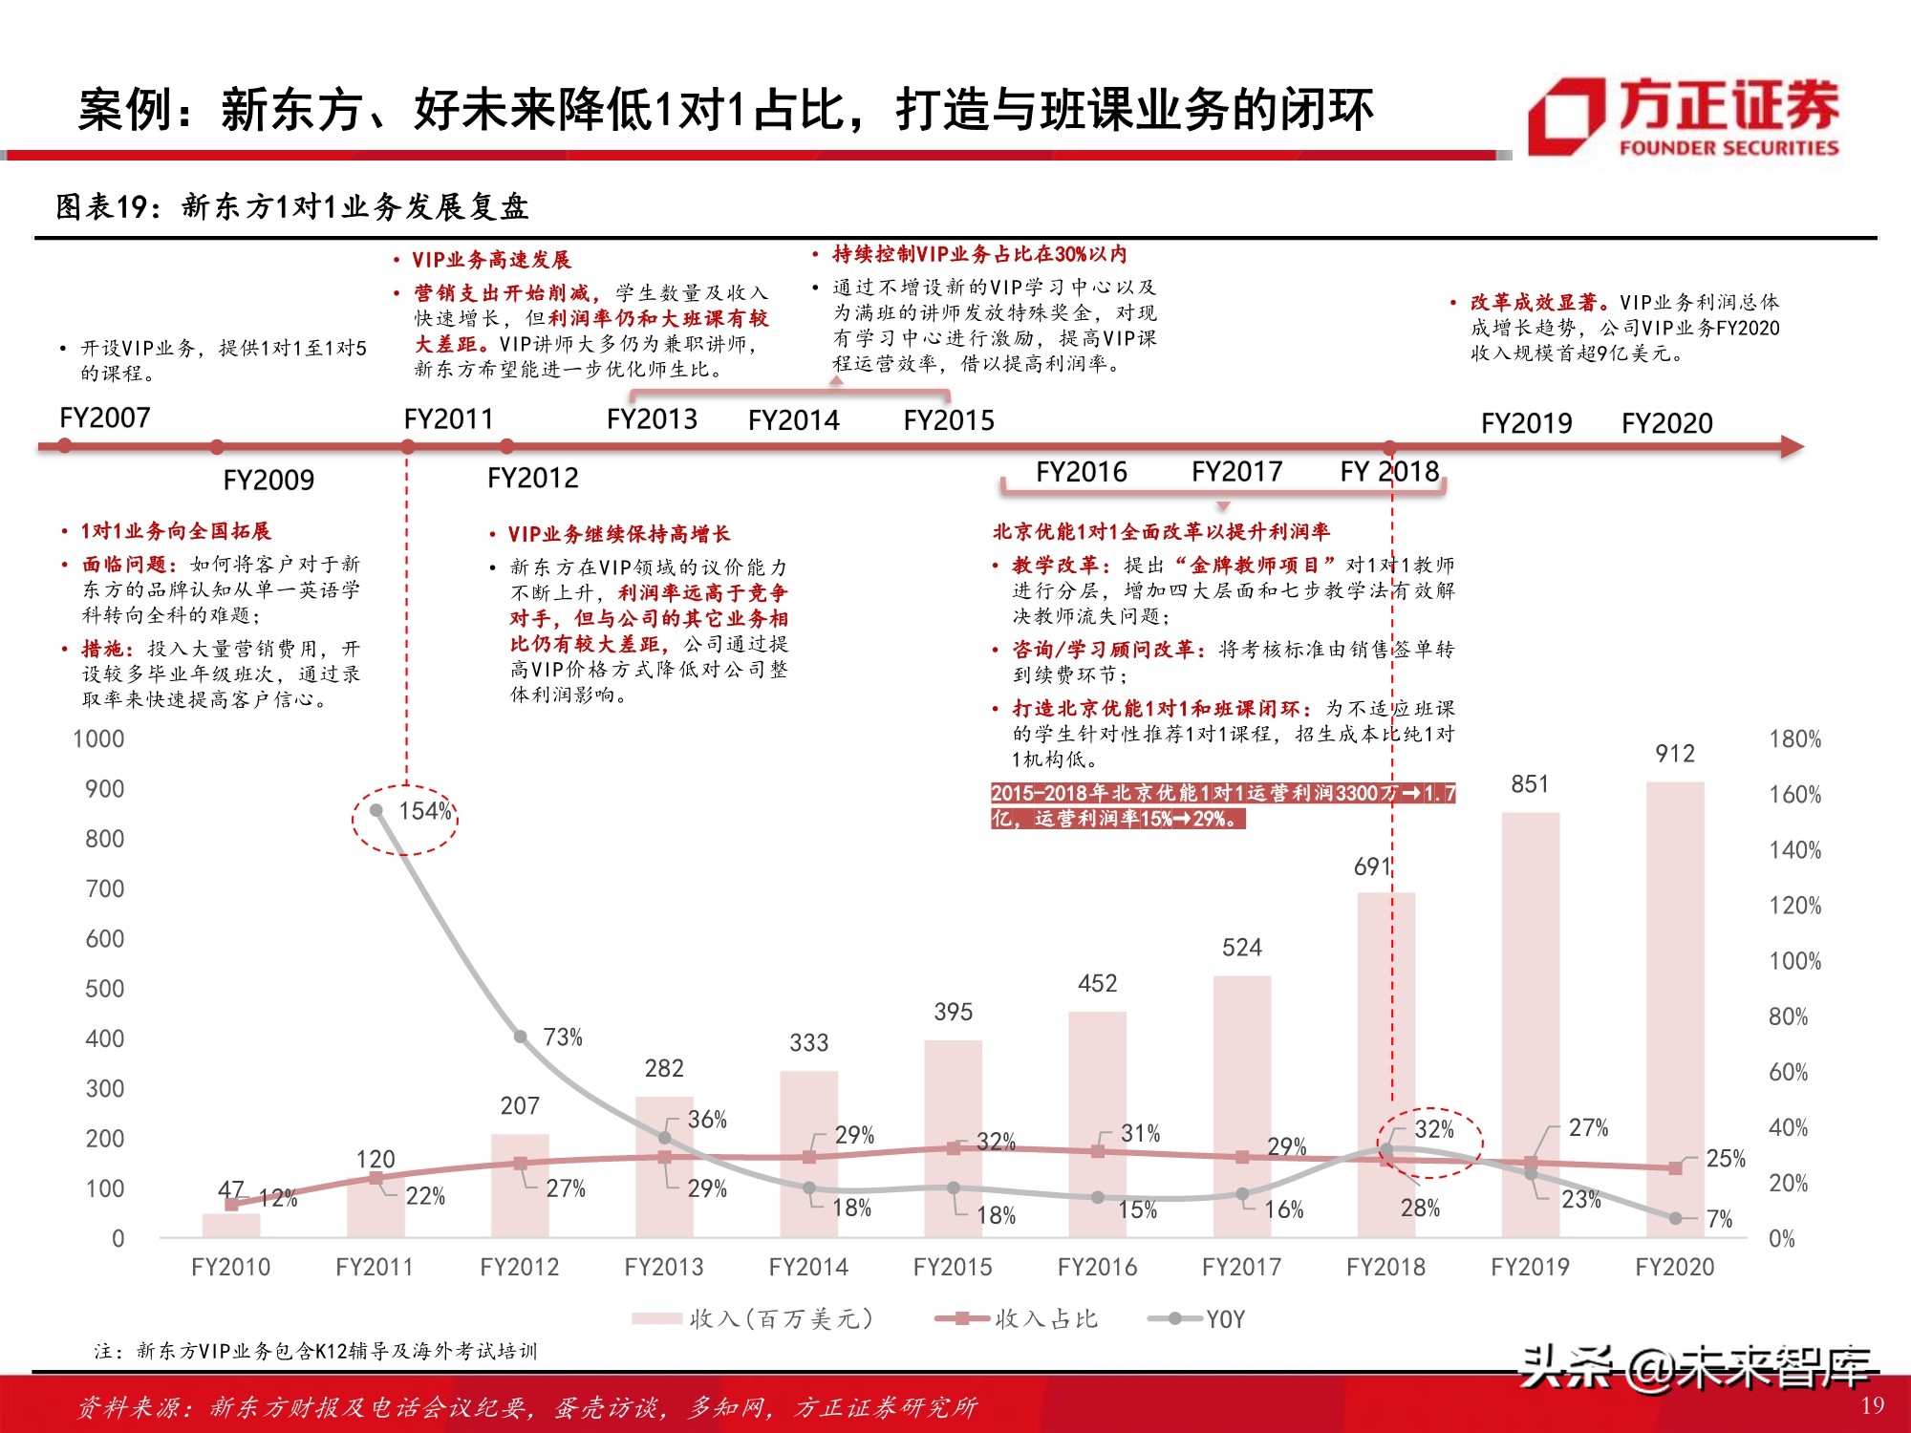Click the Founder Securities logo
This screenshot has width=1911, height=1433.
point(1684,118)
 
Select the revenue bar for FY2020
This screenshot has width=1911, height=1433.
point(1675,1008)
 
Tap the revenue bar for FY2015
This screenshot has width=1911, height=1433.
point(953,1137)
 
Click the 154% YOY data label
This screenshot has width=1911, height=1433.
point(424,811)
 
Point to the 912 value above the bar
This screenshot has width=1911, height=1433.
point(1675,754)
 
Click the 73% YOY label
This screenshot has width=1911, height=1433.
point(563,1037)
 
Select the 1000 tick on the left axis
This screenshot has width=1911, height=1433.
point(98,738)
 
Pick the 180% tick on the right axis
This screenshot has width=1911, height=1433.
point(1794,738)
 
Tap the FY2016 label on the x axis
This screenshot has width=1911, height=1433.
point(1097,1267)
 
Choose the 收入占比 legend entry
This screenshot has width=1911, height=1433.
point(1018,1319)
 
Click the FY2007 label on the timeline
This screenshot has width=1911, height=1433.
point(105,417)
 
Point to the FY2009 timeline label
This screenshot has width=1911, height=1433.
point(268,480)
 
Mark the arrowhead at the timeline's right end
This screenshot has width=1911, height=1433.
point(1793,446)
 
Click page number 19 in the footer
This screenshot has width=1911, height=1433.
point(1872,1405)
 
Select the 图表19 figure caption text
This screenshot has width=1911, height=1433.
point(291,206)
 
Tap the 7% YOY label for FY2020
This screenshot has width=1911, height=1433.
point(1719,1219)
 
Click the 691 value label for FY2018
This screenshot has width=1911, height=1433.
point(1372,866)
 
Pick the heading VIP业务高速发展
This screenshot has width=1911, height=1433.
point(490,260)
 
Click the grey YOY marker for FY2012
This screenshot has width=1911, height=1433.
point(521,1037)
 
